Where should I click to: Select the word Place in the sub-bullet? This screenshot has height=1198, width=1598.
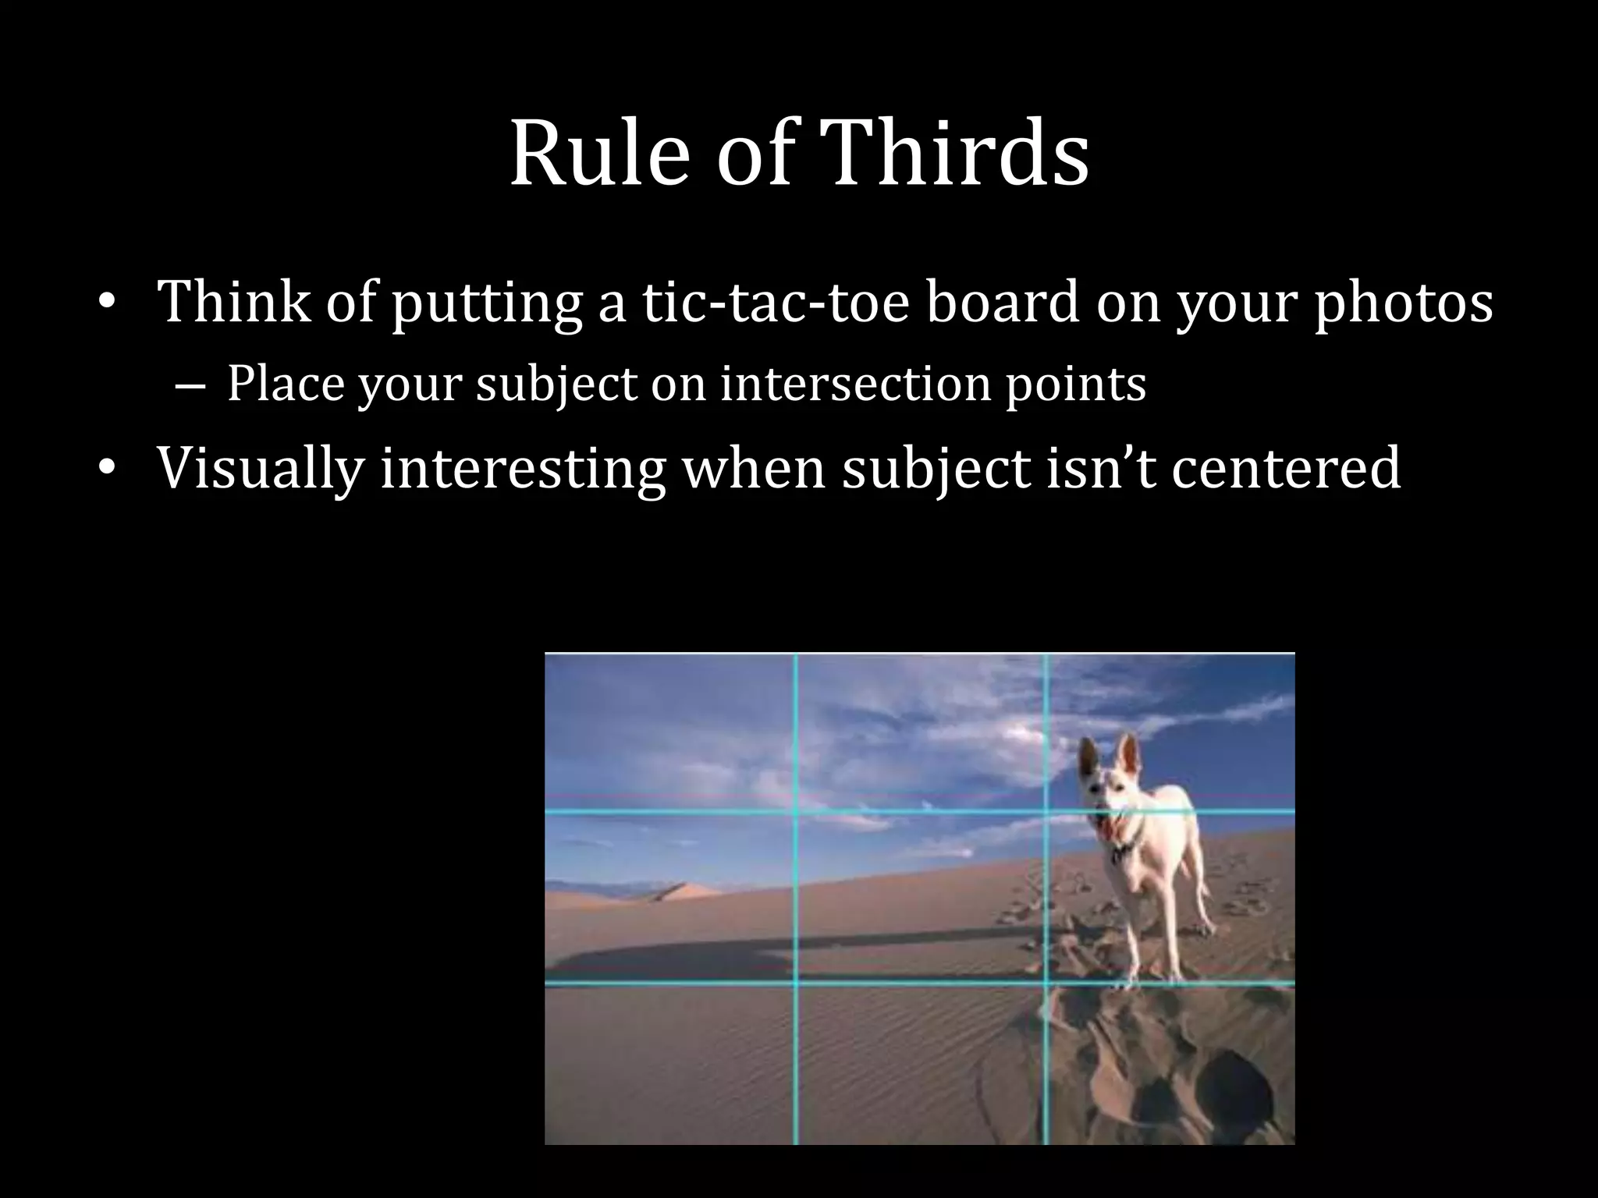pos(286,384)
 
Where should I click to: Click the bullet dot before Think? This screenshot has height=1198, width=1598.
pos(107,303)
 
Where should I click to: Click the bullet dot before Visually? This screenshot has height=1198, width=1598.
pos(107,469)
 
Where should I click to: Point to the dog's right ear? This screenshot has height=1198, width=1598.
pos(1127,752)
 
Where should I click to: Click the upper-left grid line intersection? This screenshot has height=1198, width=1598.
pos(796,812)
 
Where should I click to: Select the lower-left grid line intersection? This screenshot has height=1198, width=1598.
pos(796,984)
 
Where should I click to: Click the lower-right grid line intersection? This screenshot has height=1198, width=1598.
pos(1046,984)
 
